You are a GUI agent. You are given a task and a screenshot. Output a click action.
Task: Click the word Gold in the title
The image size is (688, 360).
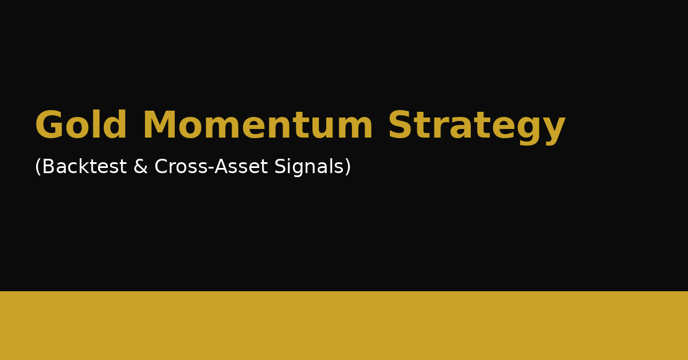(x=81, y=126)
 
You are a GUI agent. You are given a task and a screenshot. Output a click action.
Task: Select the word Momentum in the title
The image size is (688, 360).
(x=257, y=126)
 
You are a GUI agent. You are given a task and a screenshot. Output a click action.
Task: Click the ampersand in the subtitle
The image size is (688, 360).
(x=140, y=167)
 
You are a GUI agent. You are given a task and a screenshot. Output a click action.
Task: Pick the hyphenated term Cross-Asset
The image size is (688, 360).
(x=211, y=167)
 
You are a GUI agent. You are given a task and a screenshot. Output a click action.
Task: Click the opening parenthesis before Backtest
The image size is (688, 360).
(x=38, y=167)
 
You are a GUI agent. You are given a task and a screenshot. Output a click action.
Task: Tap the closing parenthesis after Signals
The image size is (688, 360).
(x=348, y=167)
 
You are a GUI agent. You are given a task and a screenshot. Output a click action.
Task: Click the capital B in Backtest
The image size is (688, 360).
(x=48, y=167)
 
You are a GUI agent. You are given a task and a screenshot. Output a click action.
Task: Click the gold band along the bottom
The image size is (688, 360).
(x=344, y=326)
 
